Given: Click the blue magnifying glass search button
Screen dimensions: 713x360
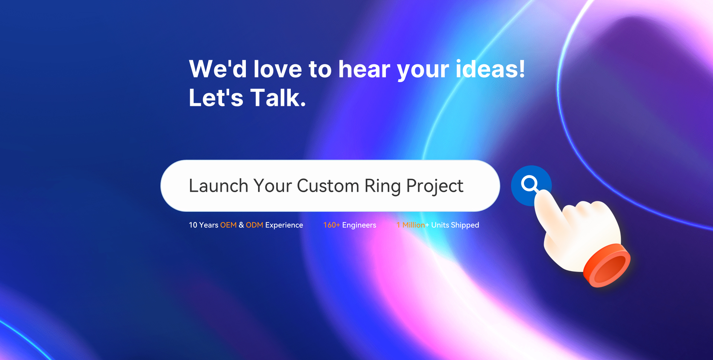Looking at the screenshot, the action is tap(531, 185).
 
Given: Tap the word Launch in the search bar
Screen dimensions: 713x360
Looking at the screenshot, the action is tap(218, 186).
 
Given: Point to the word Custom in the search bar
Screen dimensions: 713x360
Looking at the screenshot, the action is tap(328, 186).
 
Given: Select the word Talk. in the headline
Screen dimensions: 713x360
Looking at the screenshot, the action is tap(278, 98).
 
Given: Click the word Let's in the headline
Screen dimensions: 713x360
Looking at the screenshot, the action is tap(216, 98).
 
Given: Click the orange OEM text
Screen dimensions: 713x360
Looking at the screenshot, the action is tap(228, 225).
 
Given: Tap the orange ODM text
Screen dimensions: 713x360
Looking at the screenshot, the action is tap(254, 225).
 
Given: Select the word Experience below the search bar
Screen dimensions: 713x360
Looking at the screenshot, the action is tap(284, 226).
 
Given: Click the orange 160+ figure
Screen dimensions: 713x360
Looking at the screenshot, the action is tap(332, 225).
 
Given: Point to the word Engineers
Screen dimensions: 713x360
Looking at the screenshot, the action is tap(359, 226).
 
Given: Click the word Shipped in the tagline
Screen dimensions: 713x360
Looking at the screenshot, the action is tap(465, 226).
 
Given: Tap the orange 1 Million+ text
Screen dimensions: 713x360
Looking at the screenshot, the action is tap(413, 225).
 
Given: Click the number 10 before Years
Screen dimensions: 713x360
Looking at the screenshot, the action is tap(193, 225).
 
